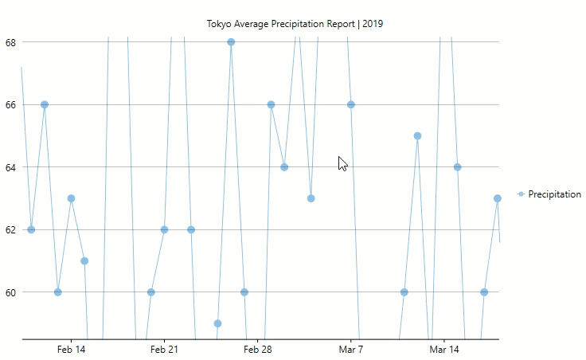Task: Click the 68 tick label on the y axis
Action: pyautogui.click(x=10, y=41)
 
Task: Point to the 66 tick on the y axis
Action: pyautogui.click(x=10, y=104)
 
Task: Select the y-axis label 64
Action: pyautogui.click(x=10, y=166)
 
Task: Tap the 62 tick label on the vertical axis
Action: pyautogui.click(x=10, y=229)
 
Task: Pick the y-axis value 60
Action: pyautogui.click(x=10, y=292)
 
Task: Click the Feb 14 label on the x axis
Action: pyautogui.click(x=71, y=350)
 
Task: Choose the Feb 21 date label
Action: pyautogui.click(x=164, y=350)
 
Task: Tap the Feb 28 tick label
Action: pyautogui.click(x=257, y=350)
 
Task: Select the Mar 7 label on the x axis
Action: pyautogui.click(x=350, y=350)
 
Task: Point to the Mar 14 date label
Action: pyautogui.click(x=443, y=350)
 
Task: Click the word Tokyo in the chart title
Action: pyautogui.click(x=219, y=24)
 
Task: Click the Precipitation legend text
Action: pyautogui.click(x=554, y=194)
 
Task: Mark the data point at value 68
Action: pyautogui.click(x=231, y=42)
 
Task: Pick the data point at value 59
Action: pyautogui.click(x=217, y=323)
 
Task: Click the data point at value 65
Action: pyautogui.click(x=417, y=135)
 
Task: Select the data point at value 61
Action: pyautogui.click(x=84, y=261)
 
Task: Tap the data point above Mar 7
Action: pyautogui.click(x=350, y=104)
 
